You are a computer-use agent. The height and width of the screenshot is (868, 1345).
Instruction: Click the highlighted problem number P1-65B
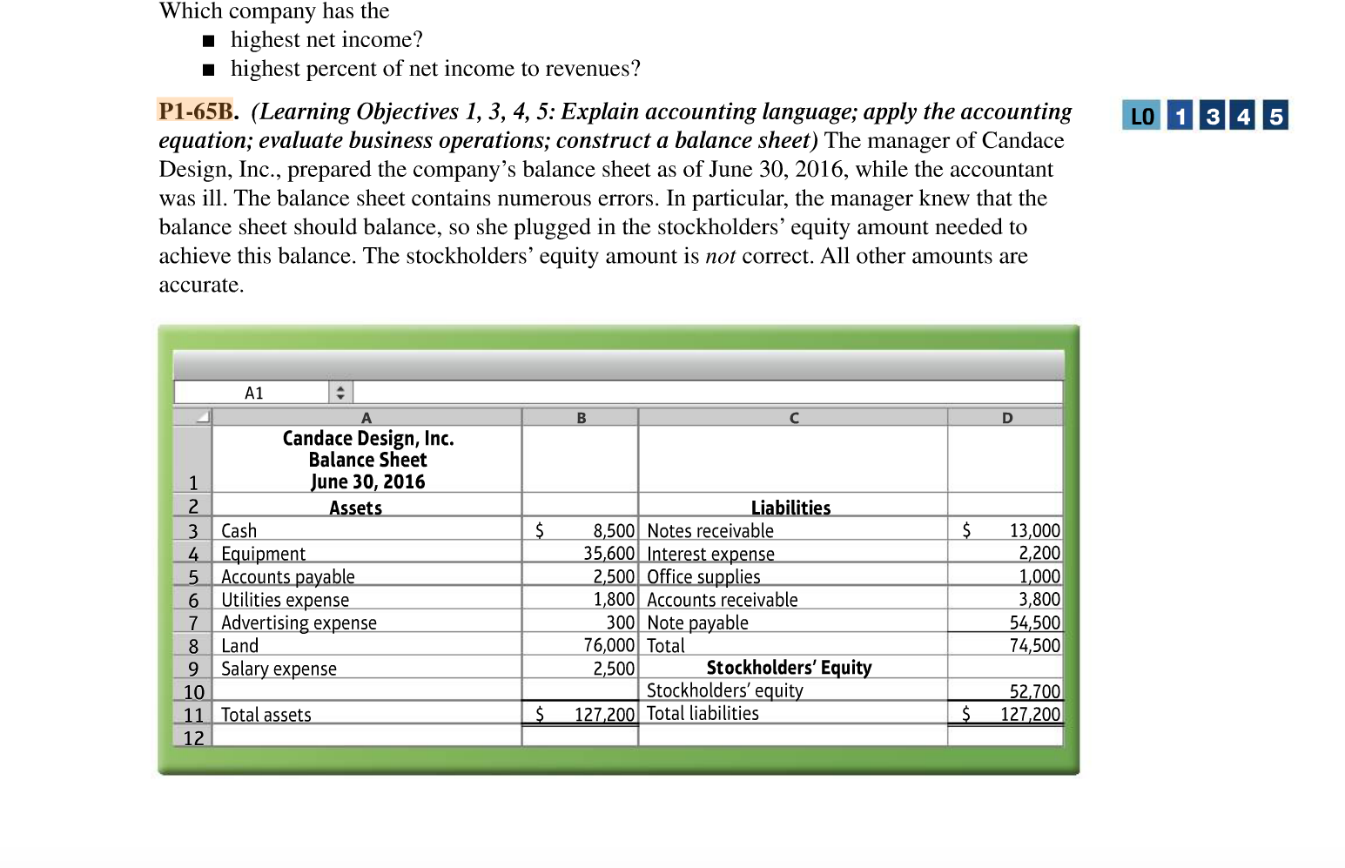pyautogui.click(x=196, y=111)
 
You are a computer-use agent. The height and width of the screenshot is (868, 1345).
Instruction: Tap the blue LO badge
pyautogui.click(x=1141, y=116)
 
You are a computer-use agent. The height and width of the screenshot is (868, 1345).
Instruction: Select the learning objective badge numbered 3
pyautogui.click(x=1212, y=116)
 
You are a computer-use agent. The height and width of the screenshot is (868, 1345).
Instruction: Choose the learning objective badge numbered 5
pyautogui.click(x=1275, y=116)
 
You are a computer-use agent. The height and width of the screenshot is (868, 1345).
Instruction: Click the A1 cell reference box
pyautogui.click(x=252, y=393)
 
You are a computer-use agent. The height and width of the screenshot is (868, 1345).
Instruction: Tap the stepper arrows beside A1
pyautogui.click(x=340, y=393)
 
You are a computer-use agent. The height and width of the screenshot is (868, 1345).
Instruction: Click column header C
pyautogui.click(x=793, y=418)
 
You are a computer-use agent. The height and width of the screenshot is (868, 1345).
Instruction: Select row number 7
pyautogui.click(x=193, y=622)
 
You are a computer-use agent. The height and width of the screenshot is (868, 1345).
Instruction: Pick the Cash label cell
pyautogui.click(x=239, y=531)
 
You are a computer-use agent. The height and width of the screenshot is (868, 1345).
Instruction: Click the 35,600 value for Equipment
pyautogui.click(x=609, y=554)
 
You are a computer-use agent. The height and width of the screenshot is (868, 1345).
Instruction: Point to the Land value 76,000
pyautogui.click(x=609, y=645)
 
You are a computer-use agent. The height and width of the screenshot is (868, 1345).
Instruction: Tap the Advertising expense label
pyautogui.click(x=299, y=622)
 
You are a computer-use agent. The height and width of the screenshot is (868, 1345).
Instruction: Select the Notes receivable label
pyautogui.click(x=710, y=531)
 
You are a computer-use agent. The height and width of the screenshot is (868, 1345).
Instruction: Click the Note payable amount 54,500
pyautogui.click(x=1034, y=622)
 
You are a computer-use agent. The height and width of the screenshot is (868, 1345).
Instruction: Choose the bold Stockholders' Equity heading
pyautogui.click(x=789, y=668)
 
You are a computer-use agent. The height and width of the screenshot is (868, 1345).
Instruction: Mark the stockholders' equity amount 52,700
pyautogui.click(x=1034, y=691)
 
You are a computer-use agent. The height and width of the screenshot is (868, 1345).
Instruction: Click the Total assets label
pyautogui.click(x=266, y=715)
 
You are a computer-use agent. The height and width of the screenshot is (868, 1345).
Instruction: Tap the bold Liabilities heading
pyautogui.click(x=790, y=508)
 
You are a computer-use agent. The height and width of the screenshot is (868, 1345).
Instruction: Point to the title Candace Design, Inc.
pyautogui.click(x=368, y=438)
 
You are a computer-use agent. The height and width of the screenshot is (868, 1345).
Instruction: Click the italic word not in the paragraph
pyautogui.click(x=720, y=256)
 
